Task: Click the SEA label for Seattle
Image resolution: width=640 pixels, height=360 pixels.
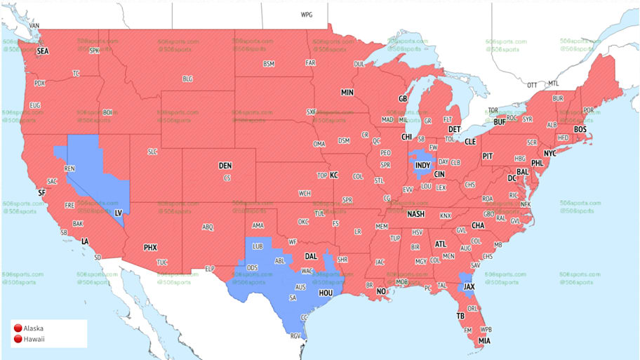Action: [43, 51]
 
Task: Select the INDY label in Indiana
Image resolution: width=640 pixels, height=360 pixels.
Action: [422, 166]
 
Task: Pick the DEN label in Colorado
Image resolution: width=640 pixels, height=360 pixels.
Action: [225, 166]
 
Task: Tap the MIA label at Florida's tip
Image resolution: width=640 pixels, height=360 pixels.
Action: [485, 341]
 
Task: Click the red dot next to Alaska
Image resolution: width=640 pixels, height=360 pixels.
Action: [16, 328]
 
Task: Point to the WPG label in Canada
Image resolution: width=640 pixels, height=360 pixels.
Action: [307, 15]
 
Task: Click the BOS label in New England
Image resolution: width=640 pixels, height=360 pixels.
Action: [580, 130]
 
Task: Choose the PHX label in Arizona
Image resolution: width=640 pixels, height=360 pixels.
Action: [150, 247]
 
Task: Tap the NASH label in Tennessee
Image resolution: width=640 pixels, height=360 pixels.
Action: [415, 214]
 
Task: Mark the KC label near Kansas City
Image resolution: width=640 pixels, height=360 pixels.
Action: [334, 175]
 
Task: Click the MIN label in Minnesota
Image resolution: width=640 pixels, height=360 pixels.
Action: [347, 93]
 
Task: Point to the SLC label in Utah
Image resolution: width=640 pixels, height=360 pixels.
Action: [152, 152]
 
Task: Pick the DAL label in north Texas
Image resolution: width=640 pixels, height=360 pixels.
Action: [311, 256]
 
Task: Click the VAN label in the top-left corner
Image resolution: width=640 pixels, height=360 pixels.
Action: [34, 26]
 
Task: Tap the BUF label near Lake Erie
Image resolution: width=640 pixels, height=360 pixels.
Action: [500, 122]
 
